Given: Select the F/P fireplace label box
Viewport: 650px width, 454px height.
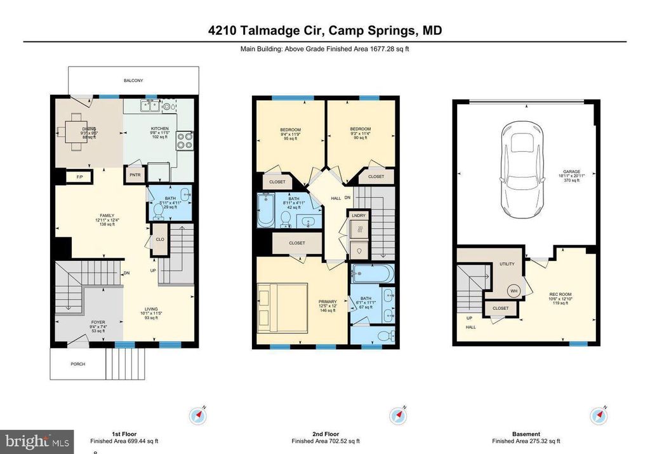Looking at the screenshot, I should tap(79, 176).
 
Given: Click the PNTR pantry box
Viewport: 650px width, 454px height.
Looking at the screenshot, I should tap(135, 175).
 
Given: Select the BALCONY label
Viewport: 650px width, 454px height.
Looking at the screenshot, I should tap(133, 81).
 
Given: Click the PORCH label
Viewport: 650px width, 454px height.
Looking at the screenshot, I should tap(77, 364).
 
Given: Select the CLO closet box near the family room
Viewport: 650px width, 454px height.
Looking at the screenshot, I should tap(160, 239).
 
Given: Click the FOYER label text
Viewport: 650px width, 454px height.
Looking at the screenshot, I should tap(80, 322).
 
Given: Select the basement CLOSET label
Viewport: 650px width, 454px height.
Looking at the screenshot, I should tap(501, 309).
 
